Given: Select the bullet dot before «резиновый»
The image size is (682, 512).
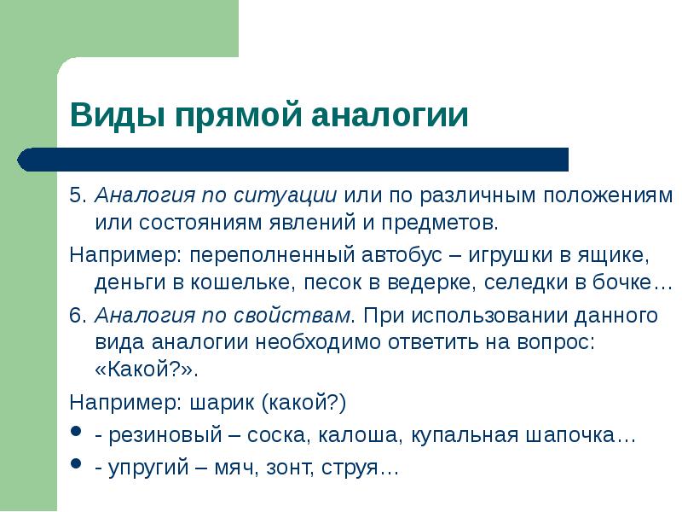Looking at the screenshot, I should [x=76, y=433].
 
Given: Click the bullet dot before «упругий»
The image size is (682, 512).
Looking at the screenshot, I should [x=76, y=466].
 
